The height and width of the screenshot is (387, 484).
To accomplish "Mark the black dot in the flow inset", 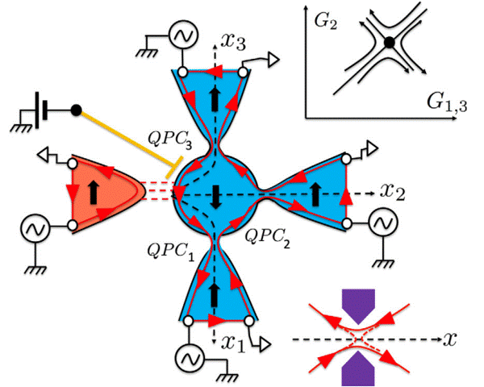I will (x=390, y=42).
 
